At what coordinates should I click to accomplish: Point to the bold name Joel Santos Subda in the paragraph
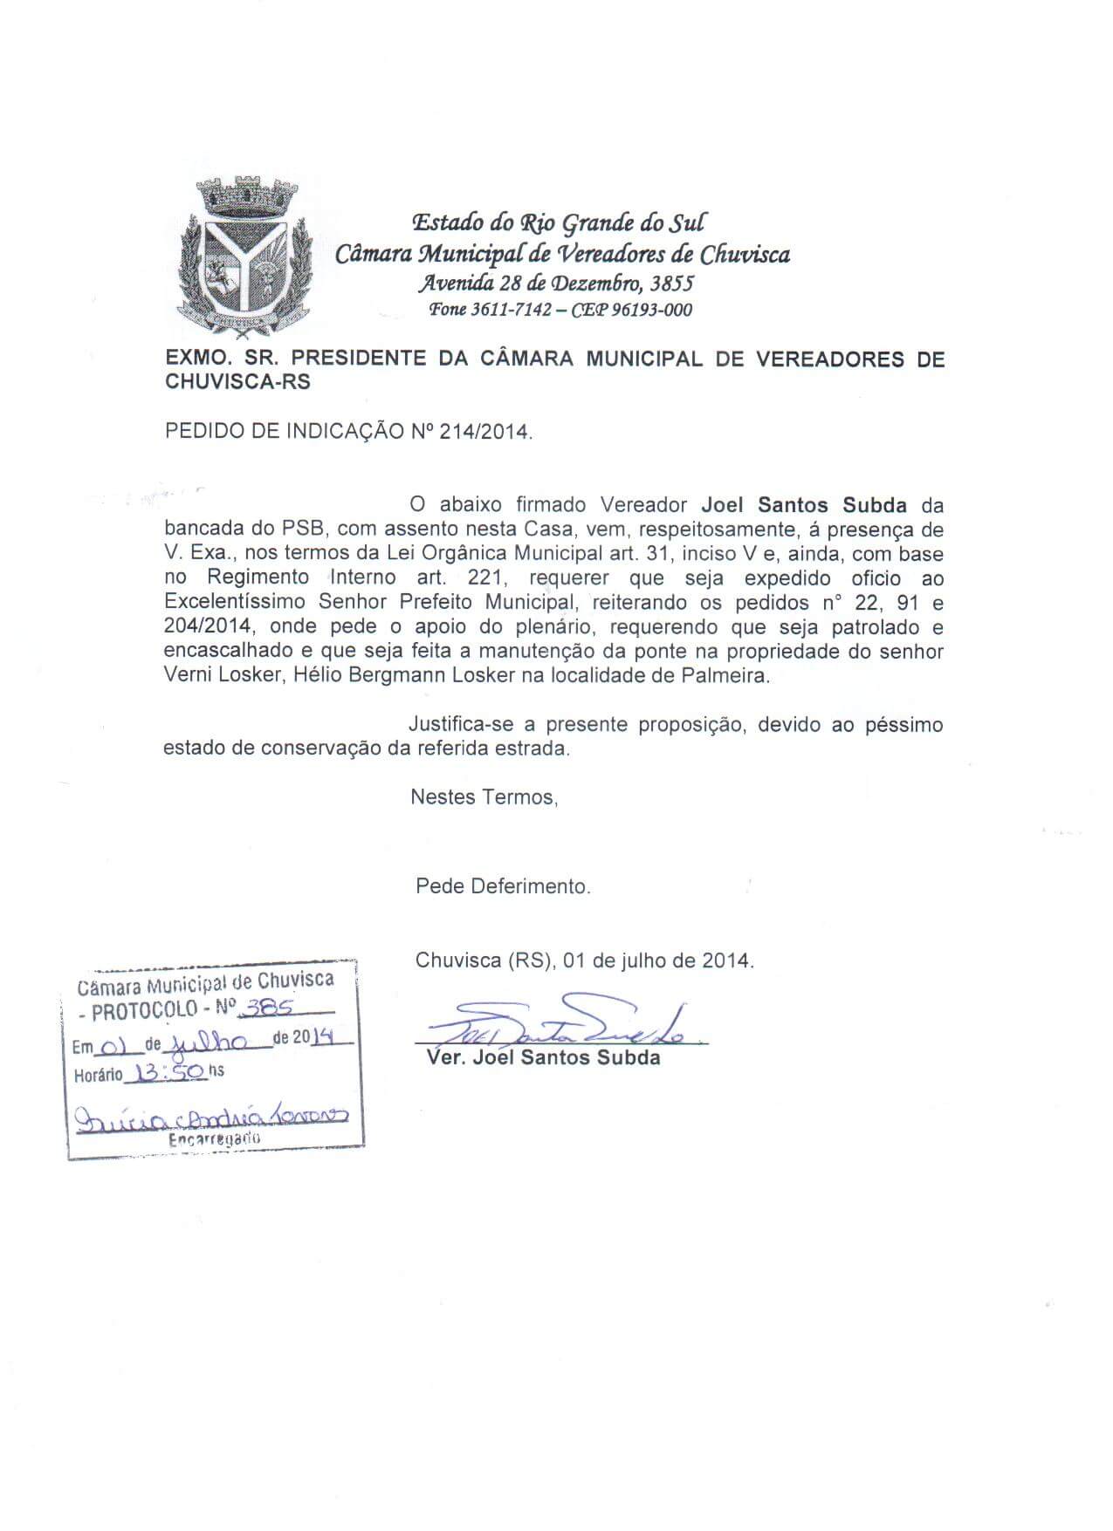click(x=804, y=505)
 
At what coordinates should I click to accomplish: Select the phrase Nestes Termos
click(x=483, y=796)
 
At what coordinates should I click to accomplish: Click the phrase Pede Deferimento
click(x=503, y=886)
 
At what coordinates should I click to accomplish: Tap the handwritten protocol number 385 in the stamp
click(x=268, y=1007)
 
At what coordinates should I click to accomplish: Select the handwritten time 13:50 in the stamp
click(x=166, y=1071)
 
